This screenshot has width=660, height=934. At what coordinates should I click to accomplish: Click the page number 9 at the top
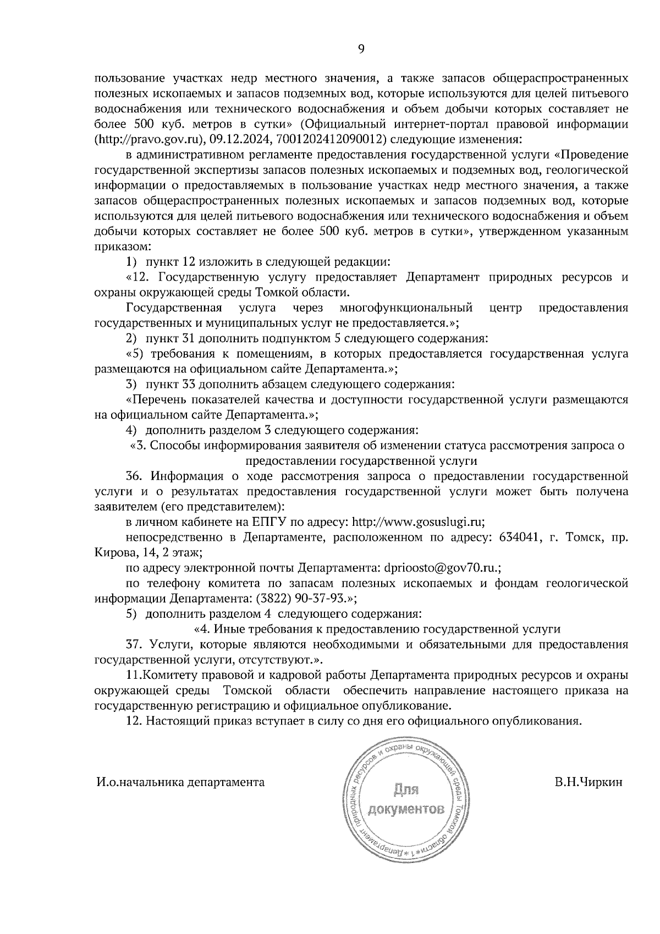[x=361, y=49]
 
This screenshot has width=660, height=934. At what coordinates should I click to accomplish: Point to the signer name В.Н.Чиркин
[x=588, y=782]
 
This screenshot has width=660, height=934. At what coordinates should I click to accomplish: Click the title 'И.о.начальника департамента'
[x=180, y=782]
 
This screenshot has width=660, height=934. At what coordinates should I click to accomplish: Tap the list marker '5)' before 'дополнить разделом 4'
[x=131, y=613]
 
